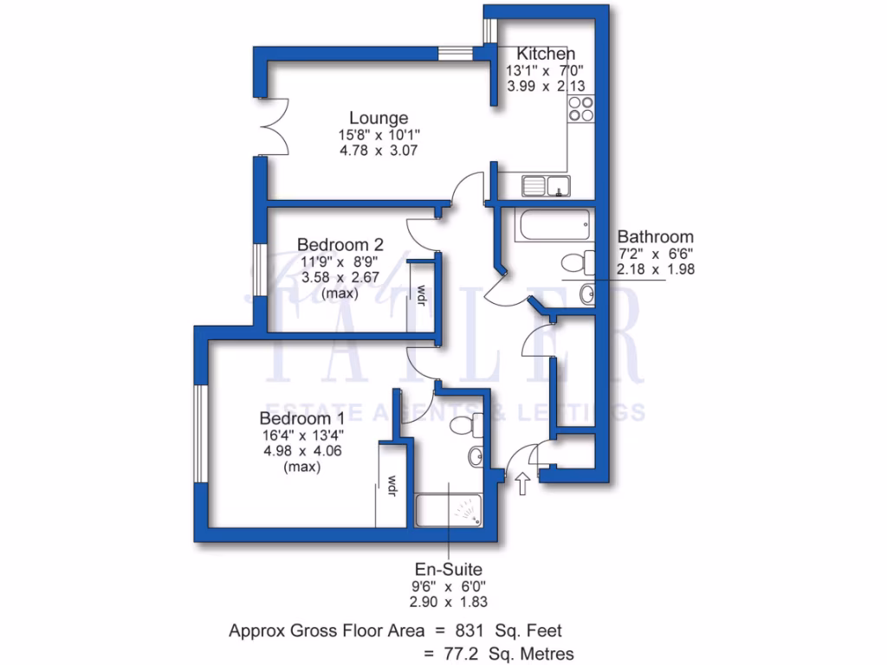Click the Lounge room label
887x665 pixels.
click(379, 118)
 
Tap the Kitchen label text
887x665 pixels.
click(546, 54)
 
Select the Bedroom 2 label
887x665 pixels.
click(340, 244)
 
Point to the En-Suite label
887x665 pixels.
click(448, 569)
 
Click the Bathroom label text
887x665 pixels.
click(655, 236)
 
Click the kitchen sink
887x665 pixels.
click(545, 184)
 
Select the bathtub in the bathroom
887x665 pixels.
click(554, 225)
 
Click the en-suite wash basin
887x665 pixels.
click(476, 456)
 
